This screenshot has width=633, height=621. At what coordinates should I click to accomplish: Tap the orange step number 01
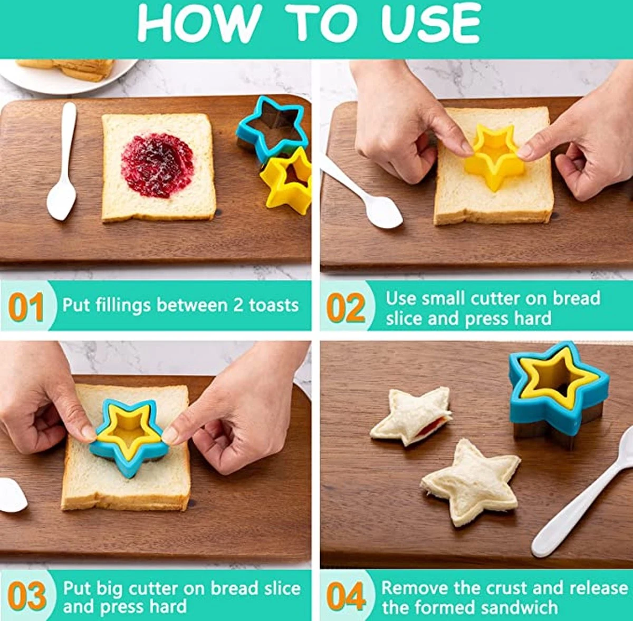26,307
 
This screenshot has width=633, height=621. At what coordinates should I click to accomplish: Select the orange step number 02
346,307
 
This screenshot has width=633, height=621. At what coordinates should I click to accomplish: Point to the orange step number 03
26,596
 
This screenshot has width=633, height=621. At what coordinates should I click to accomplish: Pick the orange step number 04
346,596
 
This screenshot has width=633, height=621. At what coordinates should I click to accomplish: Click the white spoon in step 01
62,161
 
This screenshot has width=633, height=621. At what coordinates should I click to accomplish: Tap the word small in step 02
444,298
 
